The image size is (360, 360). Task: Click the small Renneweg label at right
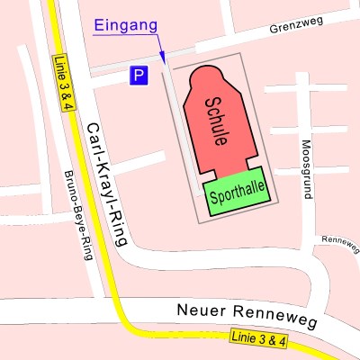coord(339,241)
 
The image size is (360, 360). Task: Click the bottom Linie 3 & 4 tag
coord(258,339)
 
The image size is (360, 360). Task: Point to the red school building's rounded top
coord(212,73)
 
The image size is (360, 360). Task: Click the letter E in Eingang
coord(98,25)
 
